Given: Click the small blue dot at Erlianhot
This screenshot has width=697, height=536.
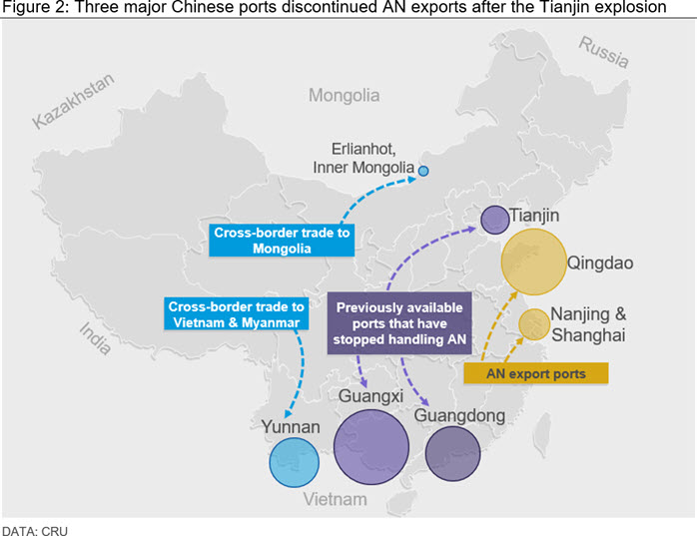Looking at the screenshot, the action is pos(423,171).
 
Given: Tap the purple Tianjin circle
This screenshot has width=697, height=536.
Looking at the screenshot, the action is pos(494,220).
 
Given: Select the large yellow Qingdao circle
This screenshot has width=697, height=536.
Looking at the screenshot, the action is pos(534,262).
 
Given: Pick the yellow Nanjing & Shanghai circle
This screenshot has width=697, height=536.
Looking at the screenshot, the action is pos(534,324).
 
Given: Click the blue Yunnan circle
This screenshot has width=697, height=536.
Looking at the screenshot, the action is pos(295,462).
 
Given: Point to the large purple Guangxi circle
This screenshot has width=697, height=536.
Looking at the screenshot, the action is pos(371,447).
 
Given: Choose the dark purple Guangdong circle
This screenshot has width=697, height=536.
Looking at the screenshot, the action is pos(453,453).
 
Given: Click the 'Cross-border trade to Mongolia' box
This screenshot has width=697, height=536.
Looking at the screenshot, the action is pos(282,241).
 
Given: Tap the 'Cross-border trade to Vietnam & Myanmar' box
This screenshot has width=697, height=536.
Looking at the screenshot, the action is pos(236,314).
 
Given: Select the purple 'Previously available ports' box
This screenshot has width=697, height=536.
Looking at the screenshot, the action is pos(399,323).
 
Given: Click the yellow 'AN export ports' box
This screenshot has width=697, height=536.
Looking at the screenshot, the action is pos(536,373).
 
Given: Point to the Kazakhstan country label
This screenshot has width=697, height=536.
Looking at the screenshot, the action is pos(74,101).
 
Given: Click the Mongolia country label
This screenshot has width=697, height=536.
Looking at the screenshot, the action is pos(345,95).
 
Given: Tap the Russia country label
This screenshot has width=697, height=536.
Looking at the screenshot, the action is pos(604,53).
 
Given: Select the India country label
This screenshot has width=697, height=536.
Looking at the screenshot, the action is pos(95,338).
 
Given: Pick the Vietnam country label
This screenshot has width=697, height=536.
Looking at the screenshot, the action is pos(336,499).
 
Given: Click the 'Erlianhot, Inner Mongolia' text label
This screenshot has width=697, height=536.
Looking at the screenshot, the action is pos(363,159).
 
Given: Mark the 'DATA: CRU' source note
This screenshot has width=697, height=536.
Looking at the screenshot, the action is pos(35,531).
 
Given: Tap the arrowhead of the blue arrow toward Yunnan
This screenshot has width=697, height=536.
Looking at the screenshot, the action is pos(288,414).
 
